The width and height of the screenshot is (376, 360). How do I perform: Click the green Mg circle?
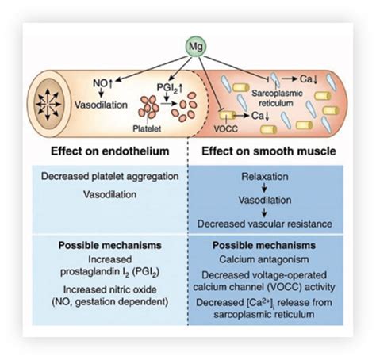pos(196,47)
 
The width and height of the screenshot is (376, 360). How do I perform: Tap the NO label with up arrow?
pos(103,83)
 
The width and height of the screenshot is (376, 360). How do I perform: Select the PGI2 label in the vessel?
pos(170,88)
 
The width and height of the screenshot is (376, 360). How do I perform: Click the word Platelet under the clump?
pos(147,128)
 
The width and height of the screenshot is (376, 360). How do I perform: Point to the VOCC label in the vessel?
pos(225,128)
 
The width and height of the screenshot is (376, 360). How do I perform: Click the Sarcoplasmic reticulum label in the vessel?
pos(277,98)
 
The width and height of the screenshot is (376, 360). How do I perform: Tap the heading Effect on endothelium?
pos(110,151)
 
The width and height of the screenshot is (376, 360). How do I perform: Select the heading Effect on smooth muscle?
pos(269,151)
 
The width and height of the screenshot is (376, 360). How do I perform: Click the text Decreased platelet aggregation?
pos(110,176)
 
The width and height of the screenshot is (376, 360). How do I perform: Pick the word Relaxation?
pos(265,177)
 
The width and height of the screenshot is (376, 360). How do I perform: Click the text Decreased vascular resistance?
pos(265,224)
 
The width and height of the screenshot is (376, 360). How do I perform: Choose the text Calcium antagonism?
pos(264,259)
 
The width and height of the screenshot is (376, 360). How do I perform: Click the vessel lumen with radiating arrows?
pos(48,104)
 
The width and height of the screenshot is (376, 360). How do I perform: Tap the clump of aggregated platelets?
pos(148,107)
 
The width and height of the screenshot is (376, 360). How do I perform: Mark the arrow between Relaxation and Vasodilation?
pos(264,188)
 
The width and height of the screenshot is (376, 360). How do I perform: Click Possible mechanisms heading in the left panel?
pos(110,245)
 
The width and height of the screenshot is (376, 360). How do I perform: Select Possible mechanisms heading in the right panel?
pos(264,245)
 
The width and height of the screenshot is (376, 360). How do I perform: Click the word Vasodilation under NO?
pos(101,105)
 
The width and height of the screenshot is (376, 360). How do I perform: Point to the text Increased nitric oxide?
pos(110,289)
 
